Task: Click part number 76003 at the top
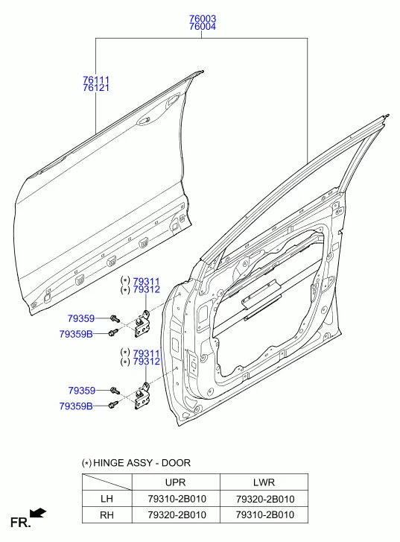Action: coord(203,19)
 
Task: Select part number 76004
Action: coord(203,27)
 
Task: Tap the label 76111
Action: coord(96,80)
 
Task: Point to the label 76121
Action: coord(96,88)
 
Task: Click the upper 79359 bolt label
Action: coord(81,318)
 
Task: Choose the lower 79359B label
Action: coord(76,406)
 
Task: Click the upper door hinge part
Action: coord(143,324)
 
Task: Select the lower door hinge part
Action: coord(143,397)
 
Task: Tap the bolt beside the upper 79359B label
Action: coord(113,333)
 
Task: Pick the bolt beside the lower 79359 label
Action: coord(115,391)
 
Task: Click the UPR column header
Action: coord(176,482)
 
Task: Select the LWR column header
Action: coord(264,482)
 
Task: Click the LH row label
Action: coord(107,499)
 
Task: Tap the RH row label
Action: coord(107,515)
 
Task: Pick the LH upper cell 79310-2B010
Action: coord(177,499)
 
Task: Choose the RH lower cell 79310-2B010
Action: coord(265,514)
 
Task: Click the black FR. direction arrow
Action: coord(38,513)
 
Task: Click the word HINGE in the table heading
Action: coord(109,463)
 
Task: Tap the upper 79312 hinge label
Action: coord(147,289)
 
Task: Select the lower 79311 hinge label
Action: coord(147,353)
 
